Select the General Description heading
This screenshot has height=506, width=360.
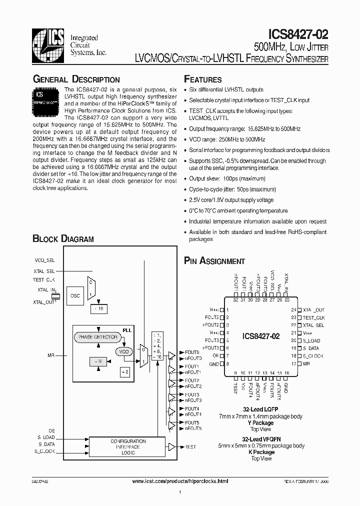tap(76, 79)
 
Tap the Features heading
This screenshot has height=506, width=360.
tap(202, 79)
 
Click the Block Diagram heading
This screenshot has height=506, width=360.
tap(63, 239)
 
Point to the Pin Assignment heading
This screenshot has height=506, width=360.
tap(214, 261)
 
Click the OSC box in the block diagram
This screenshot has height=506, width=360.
tap(75, 295)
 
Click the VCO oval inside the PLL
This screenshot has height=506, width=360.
tap(123, 351)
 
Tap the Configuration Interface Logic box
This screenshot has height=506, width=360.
tap(128, 446)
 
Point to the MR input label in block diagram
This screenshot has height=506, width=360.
tap(51, 354)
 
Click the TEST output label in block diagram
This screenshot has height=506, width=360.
tap(190, 446)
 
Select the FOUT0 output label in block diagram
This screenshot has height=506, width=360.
tap(192, 352)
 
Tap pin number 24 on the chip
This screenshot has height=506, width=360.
tap(293, 310)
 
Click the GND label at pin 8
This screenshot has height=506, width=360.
tap(214, 363)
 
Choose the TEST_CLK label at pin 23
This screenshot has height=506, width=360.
tap(314, 317)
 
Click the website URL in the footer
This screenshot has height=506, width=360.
tap(180, 481)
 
